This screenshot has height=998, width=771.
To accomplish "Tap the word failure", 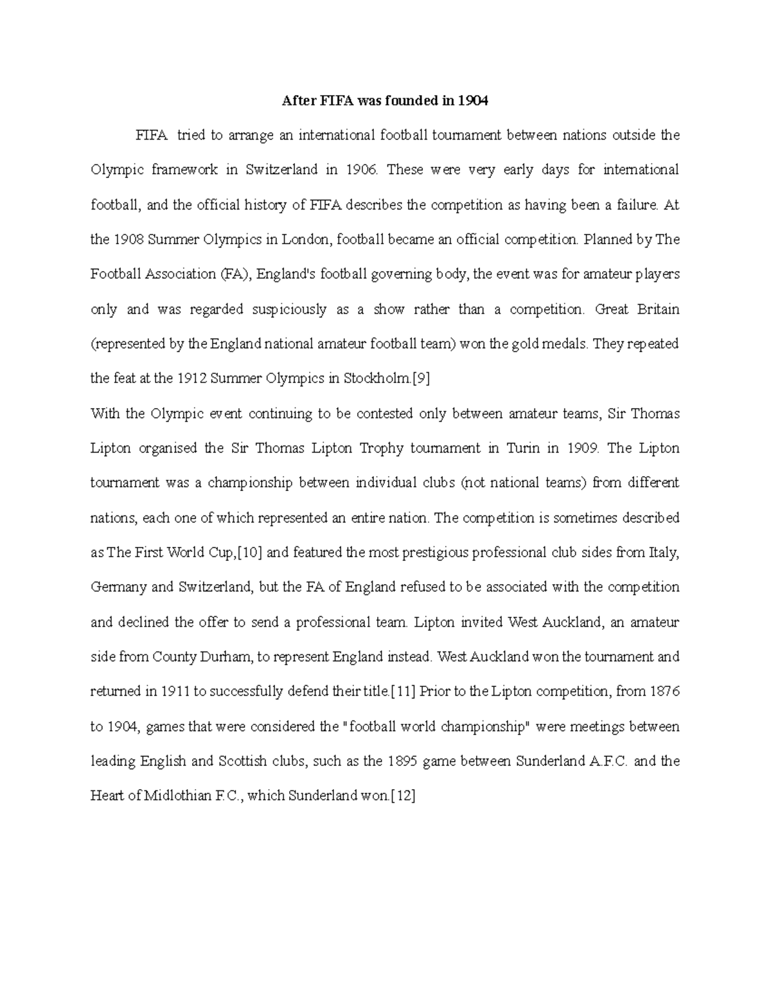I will [x=636, y=205].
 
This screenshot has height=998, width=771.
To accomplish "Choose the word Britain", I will [x=658, y=309].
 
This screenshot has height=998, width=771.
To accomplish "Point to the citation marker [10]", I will [x=251, y=552].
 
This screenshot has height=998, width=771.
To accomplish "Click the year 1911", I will [x=175, y=691].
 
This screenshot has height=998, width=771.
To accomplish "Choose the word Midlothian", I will [x=177, y=796].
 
